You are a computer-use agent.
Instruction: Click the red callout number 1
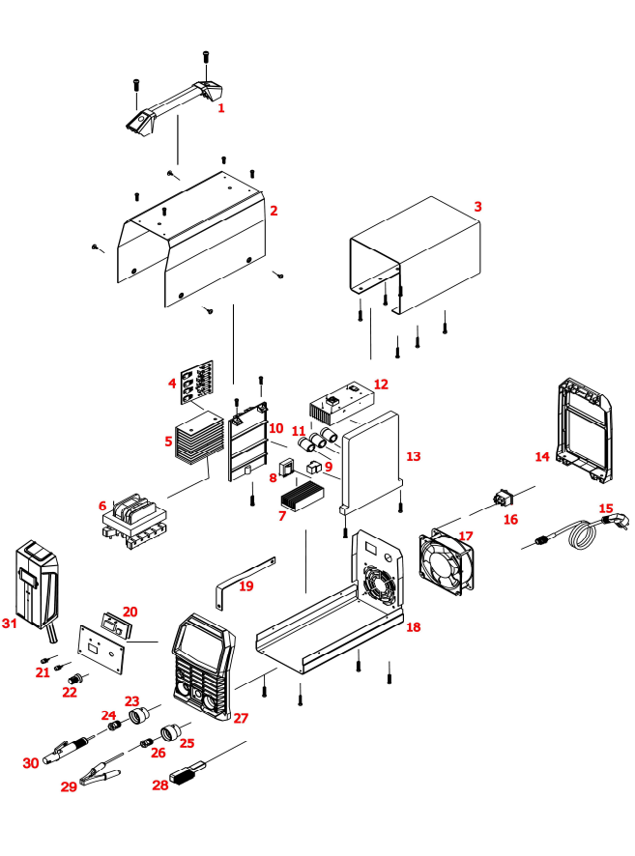click(220, 108)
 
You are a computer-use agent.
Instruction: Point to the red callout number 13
click(414, 455)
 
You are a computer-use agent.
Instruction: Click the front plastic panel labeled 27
click(202, 666)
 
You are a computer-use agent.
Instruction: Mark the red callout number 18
click(414, 628)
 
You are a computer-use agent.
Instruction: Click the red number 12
click(381, 385)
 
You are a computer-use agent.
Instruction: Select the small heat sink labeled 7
click(304, 494)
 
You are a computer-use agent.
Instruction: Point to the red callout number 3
click(477, 208)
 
